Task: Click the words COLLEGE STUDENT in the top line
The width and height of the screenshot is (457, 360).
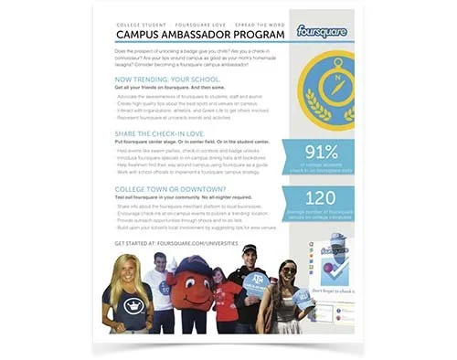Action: (x=144, y=21)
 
